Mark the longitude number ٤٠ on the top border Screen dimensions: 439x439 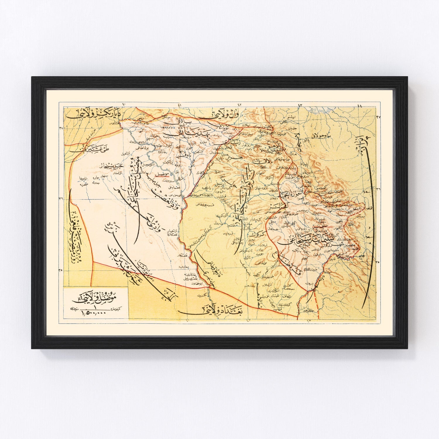124,104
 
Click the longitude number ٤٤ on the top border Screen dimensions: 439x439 360,106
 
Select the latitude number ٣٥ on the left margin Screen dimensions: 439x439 61,270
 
